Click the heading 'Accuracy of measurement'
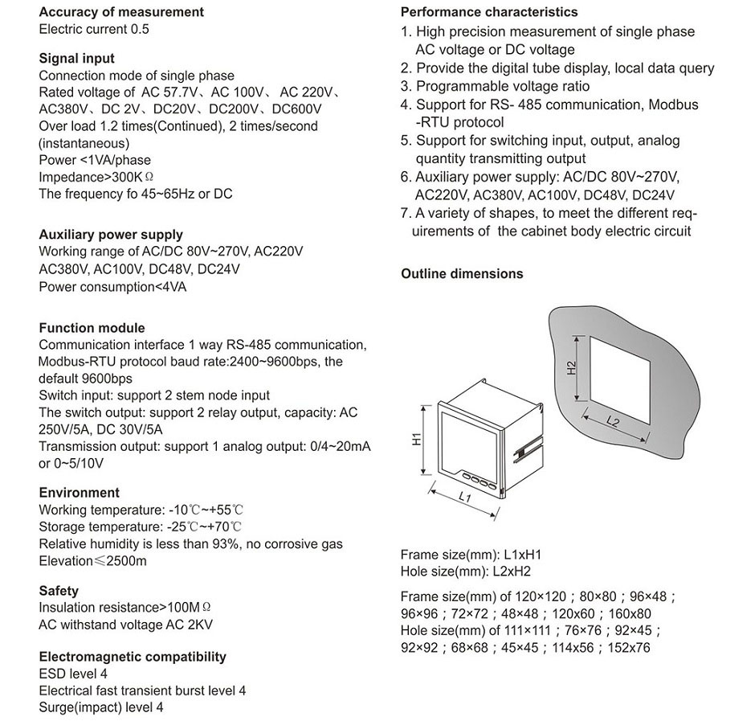click(121, 12)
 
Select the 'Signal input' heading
click(76, 59)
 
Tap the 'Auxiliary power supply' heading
click(111, 235)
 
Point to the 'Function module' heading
click(92, 328)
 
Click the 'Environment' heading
click(79, 493)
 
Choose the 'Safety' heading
click(59, 591)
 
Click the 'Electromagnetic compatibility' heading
click(133, 657)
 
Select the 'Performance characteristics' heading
click(488, 12)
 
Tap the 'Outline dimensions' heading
click(462, 274)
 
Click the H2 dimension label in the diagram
click(572, 367)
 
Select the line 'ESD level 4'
click(73, 674)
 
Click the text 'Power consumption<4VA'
click(112, 287)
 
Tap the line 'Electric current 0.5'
click(94, 30)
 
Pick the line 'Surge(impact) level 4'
click(101, 707)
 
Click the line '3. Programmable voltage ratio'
click(495, 86)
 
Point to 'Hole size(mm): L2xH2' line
click(465, 571)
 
